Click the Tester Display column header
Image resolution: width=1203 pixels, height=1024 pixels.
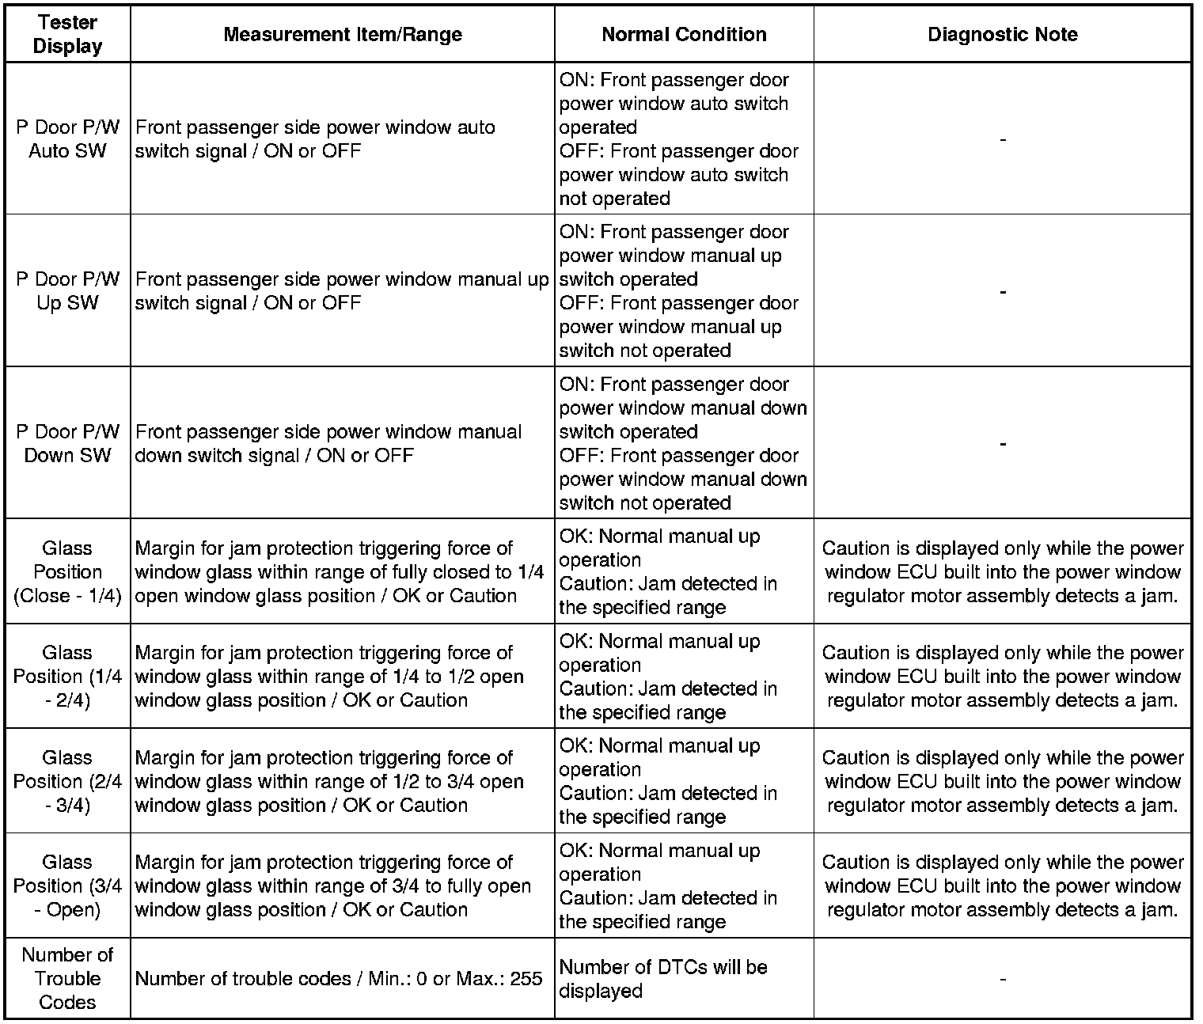point(67,35)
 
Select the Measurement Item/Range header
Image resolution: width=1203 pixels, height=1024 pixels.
point(342,35)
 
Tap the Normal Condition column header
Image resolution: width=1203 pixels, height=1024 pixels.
point(684,35)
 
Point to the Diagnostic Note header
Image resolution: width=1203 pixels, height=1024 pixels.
point(1002,35)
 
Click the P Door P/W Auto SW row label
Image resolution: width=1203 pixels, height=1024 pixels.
point(67,138)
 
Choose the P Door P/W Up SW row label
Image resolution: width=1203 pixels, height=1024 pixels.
point(67,290)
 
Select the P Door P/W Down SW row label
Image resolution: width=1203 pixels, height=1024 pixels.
point(67,443)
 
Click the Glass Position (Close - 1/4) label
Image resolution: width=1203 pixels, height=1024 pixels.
point(67,571)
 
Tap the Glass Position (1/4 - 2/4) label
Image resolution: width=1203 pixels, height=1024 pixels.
point(67,676)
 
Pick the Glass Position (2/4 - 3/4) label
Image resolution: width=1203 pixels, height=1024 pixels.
point(67,781)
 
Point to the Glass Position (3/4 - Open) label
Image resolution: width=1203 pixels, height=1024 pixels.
point(67,886)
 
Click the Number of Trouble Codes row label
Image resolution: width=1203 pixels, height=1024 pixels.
point(67,978)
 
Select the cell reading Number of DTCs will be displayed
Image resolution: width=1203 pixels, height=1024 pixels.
point(663,979)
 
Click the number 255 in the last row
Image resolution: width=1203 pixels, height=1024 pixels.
point(526,979)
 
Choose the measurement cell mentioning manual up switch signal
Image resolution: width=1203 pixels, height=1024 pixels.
point(342,290)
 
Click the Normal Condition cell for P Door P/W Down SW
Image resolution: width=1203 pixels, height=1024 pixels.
point(683,443)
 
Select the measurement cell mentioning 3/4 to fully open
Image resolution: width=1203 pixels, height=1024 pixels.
point(332,886)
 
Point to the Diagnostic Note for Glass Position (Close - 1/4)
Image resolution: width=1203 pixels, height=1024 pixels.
point(1003,571)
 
